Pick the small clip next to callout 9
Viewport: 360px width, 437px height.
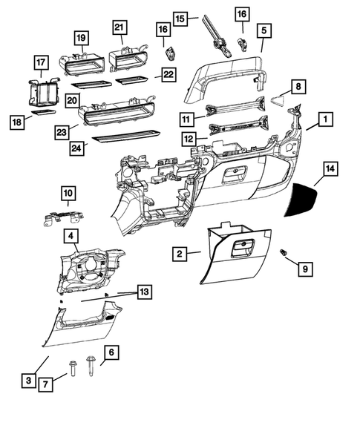(284, 254)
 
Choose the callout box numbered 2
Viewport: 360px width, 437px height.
(179, 254)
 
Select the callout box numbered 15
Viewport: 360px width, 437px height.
(180, 16)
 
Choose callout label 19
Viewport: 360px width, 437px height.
(80, 37)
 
